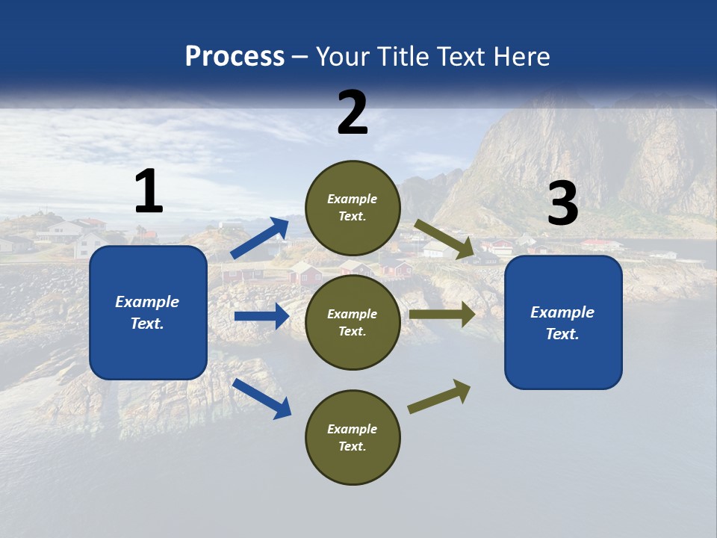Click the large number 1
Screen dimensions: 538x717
point(149,192)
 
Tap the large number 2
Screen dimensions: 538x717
point(353,113)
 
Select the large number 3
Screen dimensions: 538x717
point(562,205)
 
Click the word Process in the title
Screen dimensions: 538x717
point(235,56)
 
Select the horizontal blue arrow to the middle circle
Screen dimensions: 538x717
point(261,316)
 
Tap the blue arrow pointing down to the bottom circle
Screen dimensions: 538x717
point(261,398)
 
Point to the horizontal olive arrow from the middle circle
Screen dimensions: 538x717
point(442,314)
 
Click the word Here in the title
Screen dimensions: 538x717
point(523,56)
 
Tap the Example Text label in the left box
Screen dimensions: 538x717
point(147,312)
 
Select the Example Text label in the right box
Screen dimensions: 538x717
point(562,323)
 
